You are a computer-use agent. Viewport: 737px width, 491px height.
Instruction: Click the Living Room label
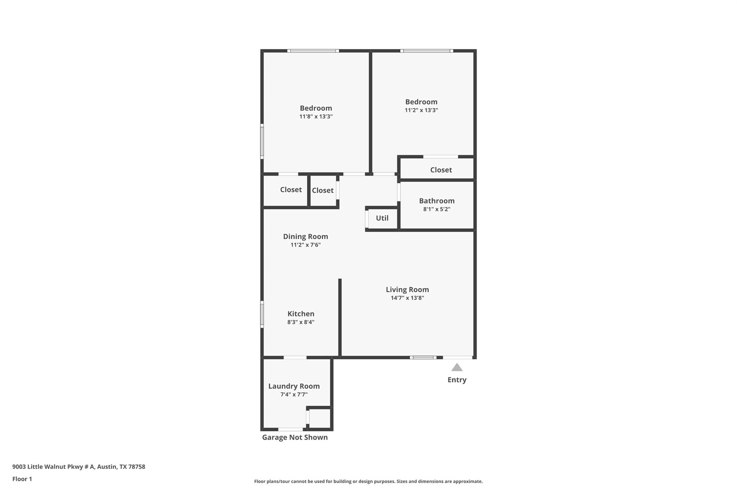click(407, 290)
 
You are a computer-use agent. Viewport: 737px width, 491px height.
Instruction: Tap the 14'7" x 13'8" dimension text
click(407, 298)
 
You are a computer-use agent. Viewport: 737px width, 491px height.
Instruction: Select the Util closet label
click(382, 218)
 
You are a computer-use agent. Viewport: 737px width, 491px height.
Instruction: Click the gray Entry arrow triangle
click(457, 368)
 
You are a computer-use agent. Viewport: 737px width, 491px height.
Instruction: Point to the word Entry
click(457, 380)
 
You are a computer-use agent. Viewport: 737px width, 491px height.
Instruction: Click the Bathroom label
click(437, 201)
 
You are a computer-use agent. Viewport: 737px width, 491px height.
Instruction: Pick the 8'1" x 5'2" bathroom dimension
click(437, 209)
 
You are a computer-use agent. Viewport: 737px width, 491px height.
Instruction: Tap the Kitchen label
click(300, 314)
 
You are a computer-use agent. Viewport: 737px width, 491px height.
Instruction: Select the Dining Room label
click(305, 236)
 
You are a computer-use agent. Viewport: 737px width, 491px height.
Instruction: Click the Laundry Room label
click(294, 386)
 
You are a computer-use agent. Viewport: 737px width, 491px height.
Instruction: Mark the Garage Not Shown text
click(295, 437)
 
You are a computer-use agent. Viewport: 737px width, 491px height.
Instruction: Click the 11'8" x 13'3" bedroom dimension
click(316, 117)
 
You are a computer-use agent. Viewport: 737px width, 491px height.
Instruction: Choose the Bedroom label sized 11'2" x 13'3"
click(421, 102)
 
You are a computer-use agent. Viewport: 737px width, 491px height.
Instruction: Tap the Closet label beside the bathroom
click(441, 170)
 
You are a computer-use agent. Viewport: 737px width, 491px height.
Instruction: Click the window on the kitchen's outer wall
click(262, 314)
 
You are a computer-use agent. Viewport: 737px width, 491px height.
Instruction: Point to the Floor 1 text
click(22, 479)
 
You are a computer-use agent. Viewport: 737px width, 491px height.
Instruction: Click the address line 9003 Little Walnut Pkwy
click(78, 467)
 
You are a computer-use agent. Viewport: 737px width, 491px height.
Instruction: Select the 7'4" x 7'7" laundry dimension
click(294, 395)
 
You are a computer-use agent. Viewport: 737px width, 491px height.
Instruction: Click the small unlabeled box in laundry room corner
click(320, 419)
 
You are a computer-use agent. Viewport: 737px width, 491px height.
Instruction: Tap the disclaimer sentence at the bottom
click(368, 481)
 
